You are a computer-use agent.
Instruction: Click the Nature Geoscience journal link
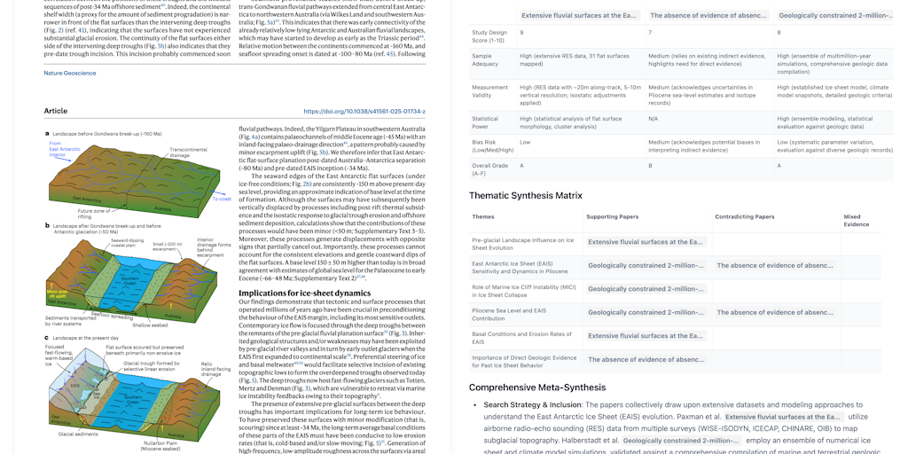tap(70, 73)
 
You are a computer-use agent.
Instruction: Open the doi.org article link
tap(364, 112)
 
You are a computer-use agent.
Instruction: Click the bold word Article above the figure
tap(56, 112)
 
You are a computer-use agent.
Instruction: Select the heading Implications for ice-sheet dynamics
tap(304, 293)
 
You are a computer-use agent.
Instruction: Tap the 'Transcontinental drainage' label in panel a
tap(188, 153)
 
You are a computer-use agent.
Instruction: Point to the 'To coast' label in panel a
tap(221, 200)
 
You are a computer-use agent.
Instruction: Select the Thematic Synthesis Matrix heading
tap(525, 195)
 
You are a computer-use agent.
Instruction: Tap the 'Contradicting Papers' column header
tap(745, 216)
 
